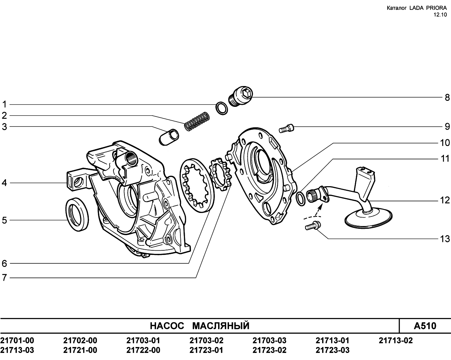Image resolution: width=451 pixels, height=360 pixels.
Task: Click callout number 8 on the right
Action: pyautogui.click(x=447, y=98)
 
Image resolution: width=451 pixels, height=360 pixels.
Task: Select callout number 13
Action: pyautogui.click(x=445, y=239)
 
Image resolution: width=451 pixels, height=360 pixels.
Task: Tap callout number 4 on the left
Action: pyautogui.click(x=4, y=183)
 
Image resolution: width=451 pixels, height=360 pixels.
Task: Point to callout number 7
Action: pyautogui.click(x=4, y=278)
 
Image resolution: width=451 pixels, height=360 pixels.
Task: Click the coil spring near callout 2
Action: pyautogui.click(x=197, y=121)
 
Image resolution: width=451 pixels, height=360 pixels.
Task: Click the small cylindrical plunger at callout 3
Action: pyautogui.click(x=169, y=137)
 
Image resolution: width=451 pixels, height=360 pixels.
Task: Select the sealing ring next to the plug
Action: pyautogui.click(x=222, y=108)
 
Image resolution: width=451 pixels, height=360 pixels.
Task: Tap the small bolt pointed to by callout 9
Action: pyautogui.click(x=286, y=128)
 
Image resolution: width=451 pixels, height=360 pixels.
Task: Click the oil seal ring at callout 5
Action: pyautogui.click(x=77, y=214)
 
